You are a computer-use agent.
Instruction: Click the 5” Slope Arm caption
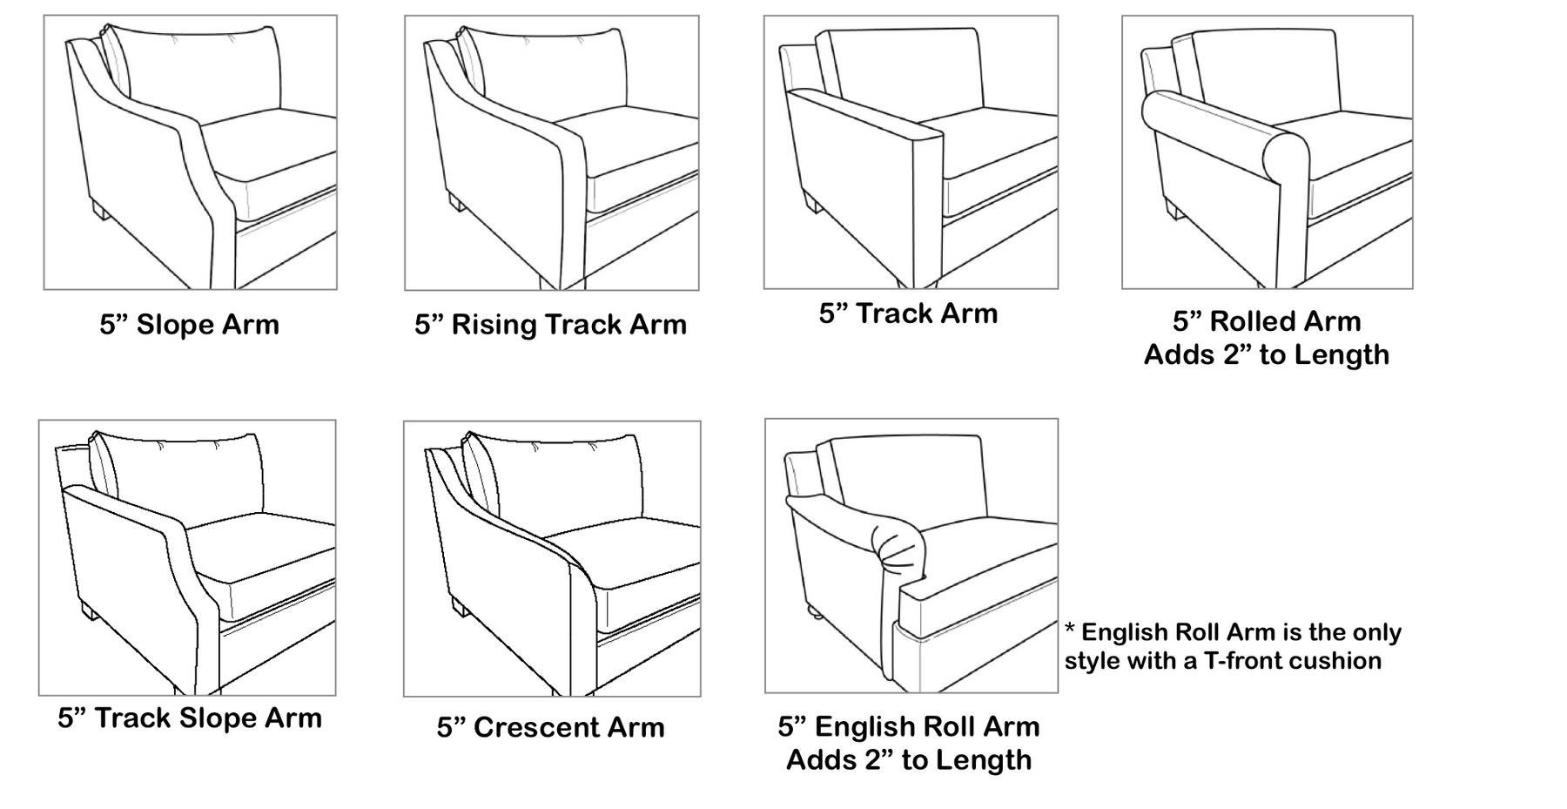189,325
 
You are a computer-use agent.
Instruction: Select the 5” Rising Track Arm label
550,325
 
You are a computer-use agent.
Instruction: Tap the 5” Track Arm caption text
908,313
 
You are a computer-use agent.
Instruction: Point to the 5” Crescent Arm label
550,727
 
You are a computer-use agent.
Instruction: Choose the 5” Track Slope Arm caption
190,718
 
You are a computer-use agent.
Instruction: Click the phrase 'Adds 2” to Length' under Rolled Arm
1266,355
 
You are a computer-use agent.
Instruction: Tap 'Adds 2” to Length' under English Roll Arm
908,760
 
